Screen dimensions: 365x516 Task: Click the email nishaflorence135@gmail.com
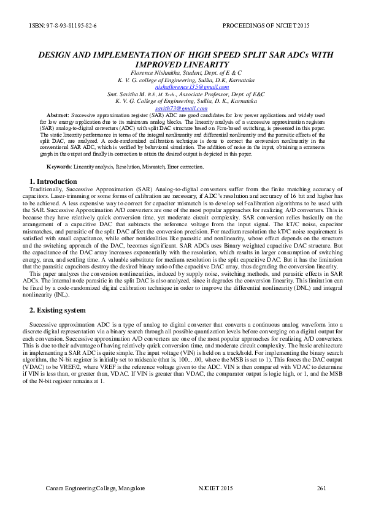(x=182, y=87)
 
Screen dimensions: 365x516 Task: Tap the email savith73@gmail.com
(x=182, y=108)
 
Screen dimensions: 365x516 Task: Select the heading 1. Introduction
(x=53, y=181)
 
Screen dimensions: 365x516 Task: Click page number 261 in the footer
(x=321, y=488)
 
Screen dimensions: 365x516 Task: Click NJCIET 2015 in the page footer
(x=216, y=488)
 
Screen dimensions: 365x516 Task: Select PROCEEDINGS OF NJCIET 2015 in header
(x=275, y=26)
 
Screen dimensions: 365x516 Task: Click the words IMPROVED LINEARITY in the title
(x=182, y=64)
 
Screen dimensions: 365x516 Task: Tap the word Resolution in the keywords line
(x=133, y=167)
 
